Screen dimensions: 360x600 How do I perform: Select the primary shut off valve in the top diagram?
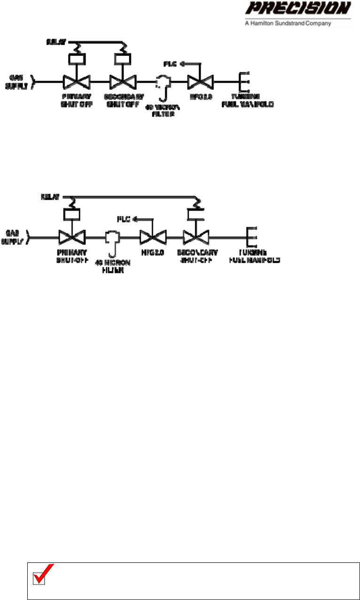[76, 81]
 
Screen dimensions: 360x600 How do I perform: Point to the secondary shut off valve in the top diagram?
[123, 81]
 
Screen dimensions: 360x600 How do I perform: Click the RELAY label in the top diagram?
[53, 42]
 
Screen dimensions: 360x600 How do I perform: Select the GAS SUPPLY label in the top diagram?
[15, 81]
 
